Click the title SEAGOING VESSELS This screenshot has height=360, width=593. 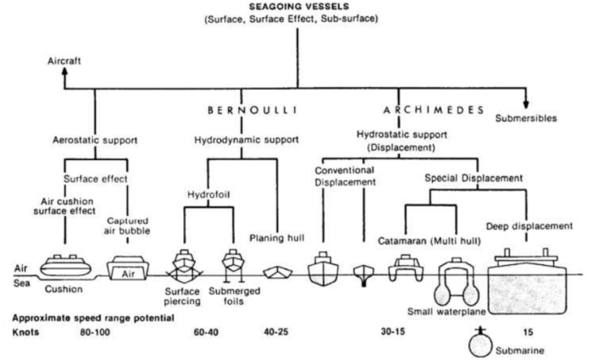(296, 7)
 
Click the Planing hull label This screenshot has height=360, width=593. (277, 239)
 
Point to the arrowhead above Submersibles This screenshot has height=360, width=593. (527, 102)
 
